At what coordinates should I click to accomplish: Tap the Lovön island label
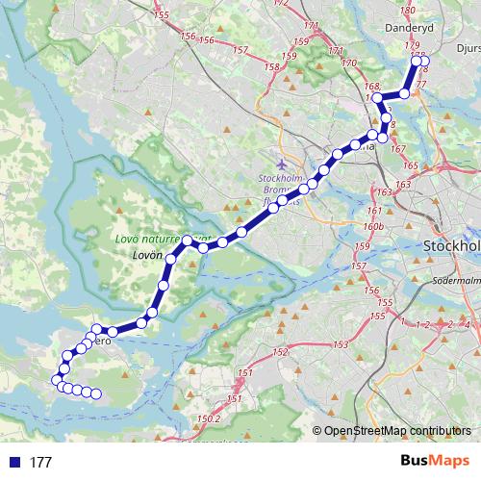pyautogui.click(x=144, y=256)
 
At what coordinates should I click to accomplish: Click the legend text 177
pyautogui.click(x=40, y=463)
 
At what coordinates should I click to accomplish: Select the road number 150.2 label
pyautogui.click(x=209, y=419)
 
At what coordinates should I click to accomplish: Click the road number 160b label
pyautogui.click(x=374, y=226)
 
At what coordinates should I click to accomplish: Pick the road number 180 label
pyautogui.click(x=407, y=10)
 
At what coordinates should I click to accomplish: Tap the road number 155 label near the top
pyautogui.click(x=161, y=14)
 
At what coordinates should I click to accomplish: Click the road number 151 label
pyautogui.click(x=245, y=372)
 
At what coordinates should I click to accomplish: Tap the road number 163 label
pyautogui.click(x=386, y=193)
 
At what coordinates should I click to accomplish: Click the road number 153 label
pyautogui.click(x=340, y=343)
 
